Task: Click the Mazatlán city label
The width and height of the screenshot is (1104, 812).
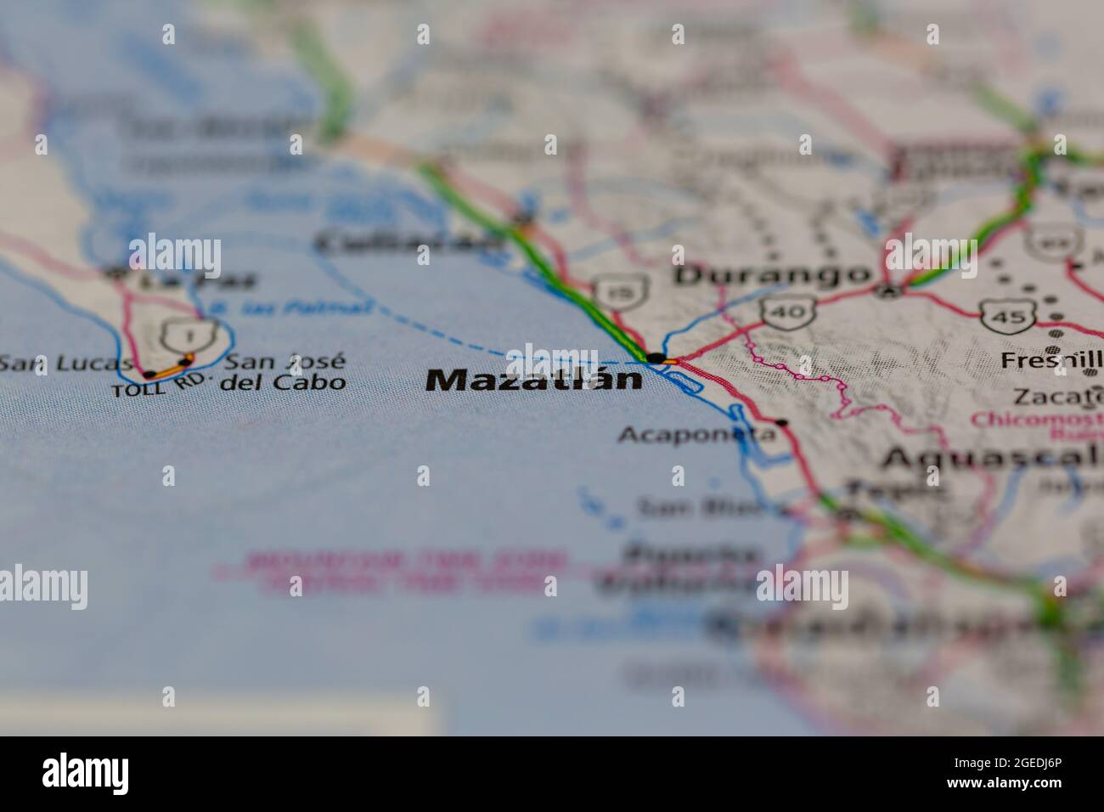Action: [x=533, y=379]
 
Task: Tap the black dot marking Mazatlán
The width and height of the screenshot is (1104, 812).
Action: [x=656, y=358]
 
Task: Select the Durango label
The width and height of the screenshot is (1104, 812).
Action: [x=772, y=274]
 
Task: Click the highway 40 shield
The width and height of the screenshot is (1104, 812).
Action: [x=789, y=313]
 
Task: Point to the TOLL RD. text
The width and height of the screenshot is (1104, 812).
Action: [x=159, y=386]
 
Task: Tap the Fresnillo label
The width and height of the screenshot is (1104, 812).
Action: [x=1051, y=360]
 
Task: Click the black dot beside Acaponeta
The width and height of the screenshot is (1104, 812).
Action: [x=780, y=422]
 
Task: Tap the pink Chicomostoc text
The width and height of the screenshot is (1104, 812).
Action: [x=1036, y=420]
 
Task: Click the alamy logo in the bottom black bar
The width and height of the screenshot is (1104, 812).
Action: [x=86, y=773]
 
